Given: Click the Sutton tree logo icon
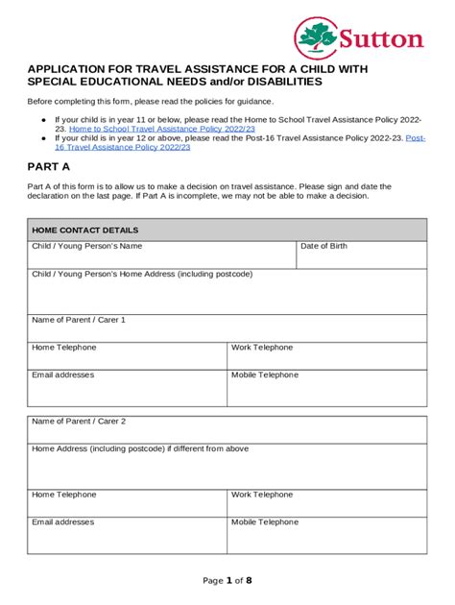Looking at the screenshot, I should tap(316, 38).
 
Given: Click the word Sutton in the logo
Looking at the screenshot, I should tap(380, 39).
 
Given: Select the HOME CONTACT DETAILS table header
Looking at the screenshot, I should tap(85, 230).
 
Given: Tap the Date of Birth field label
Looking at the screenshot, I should tap(323, 247).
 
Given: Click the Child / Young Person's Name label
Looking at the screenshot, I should tap(87, 247).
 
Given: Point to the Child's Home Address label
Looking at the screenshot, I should tap(142, 274).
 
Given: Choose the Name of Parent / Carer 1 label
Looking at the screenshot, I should tap(79, 320).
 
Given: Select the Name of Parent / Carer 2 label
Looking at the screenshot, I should tap(79, 422).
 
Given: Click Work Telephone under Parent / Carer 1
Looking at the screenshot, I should tap(262, 348).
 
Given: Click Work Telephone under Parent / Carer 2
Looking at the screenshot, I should tap(262, 495).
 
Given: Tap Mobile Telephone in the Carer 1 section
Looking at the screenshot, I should tap(265, 375).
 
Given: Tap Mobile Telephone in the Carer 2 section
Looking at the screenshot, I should tap(265, 522).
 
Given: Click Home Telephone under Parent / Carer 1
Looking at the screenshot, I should tap(64, 348).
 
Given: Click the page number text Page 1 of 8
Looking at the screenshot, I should tap(227, 581).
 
